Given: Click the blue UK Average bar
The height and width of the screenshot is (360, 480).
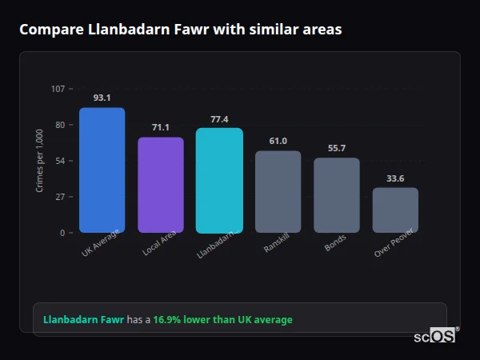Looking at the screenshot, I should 102,170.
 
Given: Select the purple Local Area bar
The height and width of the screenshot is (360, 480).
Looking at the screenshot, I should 161,185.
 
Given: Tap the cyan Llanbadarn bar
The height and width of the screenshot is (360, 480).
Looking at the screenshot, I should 219,180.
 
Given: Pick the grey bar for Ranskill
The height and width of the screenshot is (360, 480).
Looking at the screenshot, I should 278,191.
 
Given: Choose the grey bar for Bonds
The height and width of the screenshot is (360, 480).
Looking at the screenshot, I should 337,195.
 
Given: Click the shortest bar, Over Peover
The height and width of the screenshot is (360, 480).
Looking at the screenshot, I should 395,210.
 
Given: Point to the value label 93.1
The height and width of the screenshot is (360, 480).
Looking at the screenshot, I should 102,98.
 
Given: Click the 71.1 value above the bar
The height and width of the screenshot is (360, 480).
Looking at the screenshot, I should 161,127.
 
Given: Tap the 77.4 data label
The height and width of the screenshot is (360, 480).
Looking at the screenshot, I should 219,119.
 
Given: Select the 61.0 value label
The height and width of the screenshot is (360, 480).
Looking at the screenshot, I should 278,141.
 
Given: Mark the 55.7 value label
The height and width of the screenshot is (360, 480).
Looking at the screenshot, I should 337,148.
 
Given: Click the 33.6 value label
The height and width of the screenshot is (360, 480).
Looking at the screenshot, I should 395,178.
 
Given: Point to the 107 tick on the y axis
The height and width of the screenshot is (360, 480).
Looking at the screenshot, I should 58,89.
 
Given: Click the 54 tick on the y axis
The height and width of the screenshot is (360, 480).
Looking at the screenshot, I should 60,161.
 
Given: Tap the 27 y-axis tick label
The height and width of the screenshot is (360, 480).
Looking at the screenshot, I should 60,197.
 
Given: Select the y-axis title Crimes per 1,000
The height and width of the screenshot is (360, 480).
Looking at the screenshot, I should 39,161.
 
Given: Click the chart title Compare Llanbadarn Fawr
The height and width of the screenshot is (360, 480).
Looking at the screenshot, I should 180,30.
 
